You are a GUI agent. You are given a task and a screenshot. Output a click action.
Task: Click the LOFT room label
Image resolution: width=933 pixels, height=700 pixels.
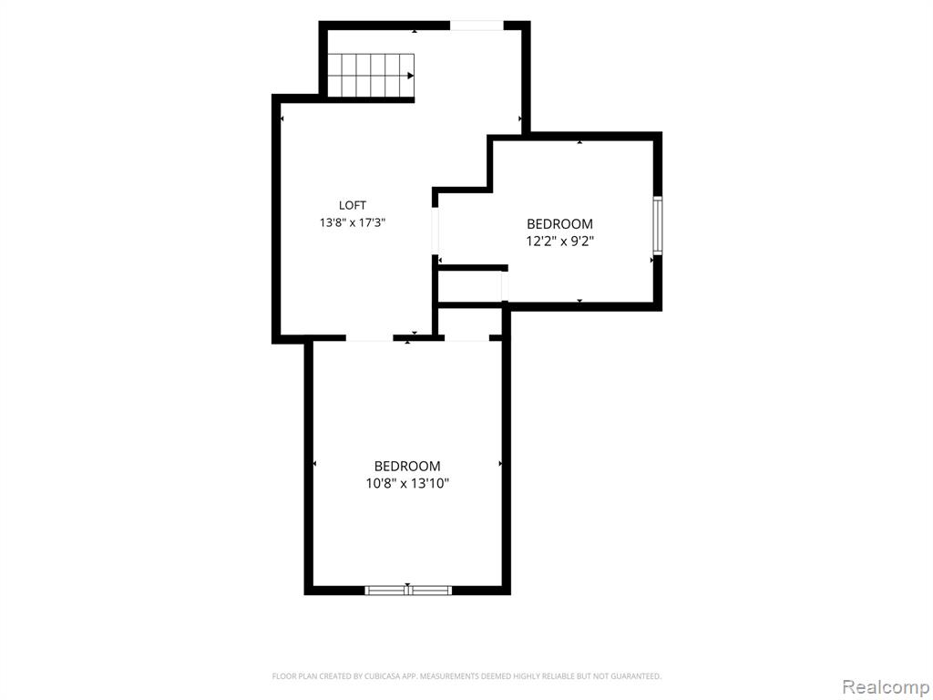pyautogui.click(x=353, y=205)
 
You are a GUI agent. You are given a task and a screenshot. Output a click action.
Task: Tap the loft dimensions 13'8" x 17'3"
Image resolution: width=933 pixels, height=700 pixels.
pyautogui.click(x=353, y=222)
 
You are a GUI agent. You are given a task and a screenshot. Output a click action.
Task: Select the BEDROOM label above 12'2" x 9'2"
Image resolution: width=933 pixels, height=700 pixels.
pyautogui.click(x=559, y=224)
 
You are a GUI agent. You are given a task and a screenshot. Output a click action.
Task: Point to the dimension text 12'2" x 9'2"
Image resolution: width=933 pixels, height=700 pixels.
pyautogui.click(x=559, y=242)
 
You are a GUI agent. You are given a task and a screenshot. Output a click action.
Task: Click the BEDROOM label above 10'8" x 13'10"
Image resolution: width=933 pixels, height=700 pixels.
pyautogui.click(x=407, y=466)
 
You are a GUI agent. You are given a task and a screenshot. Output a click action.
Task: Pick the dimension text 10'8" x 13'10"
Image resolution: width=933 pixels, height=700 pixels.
pyautogui.click(x=407, y=483)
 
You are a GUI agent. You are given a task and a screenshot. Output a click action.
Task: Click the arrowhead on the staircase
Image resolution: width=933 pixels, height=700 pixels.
pyautogui.click(x=411, y=76)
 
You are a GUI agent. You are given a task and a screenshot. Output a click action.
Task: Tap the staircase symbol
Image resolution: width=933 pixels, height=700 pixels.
pyautogui.click(x=371, y=76)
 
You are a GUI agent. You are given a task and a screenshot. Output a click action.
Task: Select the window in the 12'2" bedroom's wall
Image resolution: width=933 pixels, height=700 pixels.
pyautogui.click(x=658, y=226)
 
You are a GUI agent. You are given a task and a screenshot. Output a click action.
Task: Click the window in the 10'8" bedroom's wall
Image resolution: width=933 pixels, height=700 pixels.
pyautogui.click(x=407, y=591)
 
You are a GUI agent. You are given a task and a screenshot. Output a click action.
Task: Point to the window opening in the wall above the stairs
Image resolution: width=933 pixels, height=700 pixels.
pyautogui.click(x=477, y=25)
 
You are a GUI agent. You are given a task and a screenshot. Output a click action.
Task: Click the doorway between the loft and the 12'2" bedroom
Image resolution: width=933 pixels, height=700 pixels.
pyautogui.click(x=435, y=231)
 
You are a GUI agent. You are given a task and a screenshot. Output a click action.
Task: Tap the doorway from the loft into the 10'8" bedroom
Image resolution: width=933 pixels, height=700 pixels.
pyautogui.click(x=370, y=338)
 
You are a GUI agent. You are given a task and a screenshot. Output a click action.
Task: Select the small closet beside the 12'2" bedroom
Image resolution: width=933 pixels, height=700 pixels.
pyautogui.click(x=470, y=286)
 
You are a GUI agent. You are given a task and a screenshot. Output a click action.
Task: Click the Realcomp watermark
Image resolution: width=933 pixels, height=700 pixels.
pyautogui.click(x=885, y=686)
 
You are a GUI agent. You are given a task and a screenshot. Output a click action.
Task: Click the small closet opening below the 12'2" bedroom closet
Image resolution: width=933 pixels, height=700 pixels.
pyautogui.click(x=467, y=338)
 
